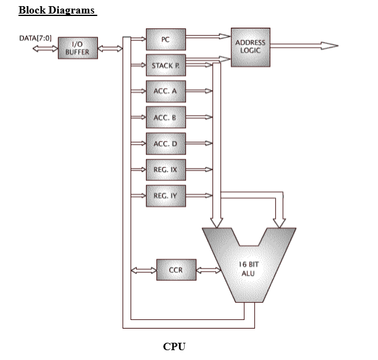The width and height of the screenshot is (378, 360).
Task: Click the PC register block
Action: (x=165, y=39)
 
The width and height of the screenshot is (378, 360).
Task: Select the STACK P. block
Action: (x=165, y=65)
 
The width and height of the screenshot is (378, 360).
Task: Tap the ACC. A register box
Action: (x=165, y=90)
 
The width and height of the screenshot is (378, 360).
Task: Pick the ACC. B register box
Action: (x=165, y=117)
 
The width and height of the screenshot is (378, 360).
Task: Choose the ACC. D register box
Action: (x=165, y=143)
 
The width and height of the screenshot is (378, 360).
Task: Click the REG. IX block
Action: (x=165, y=169)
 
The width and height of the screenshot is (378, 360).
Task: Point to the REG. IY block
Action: (x=165, y=196)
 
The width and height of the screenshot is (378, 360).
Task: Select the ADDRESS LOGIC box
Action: (x=251, y=46)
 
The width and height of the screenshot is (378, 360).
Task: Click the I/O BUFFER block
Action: (x=77, y=48)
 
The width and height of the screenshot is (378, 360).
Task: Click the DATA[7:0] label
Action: (x=36, y=39)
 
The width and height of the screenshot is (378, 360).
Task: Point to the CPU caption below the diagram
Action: (x=174, y=346)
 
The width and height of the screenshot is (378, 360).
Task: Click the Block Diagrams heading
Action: (x=57, y=10)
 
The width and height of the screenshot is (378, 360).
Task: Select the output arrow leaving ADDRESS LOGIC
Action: (x=304, y=46)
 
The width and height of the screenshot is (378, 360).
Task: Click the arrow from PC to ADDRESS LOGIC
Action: (x=207, y=37)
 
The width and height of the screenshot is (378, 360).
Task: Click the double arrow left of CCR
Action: (x=143, y=270)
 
